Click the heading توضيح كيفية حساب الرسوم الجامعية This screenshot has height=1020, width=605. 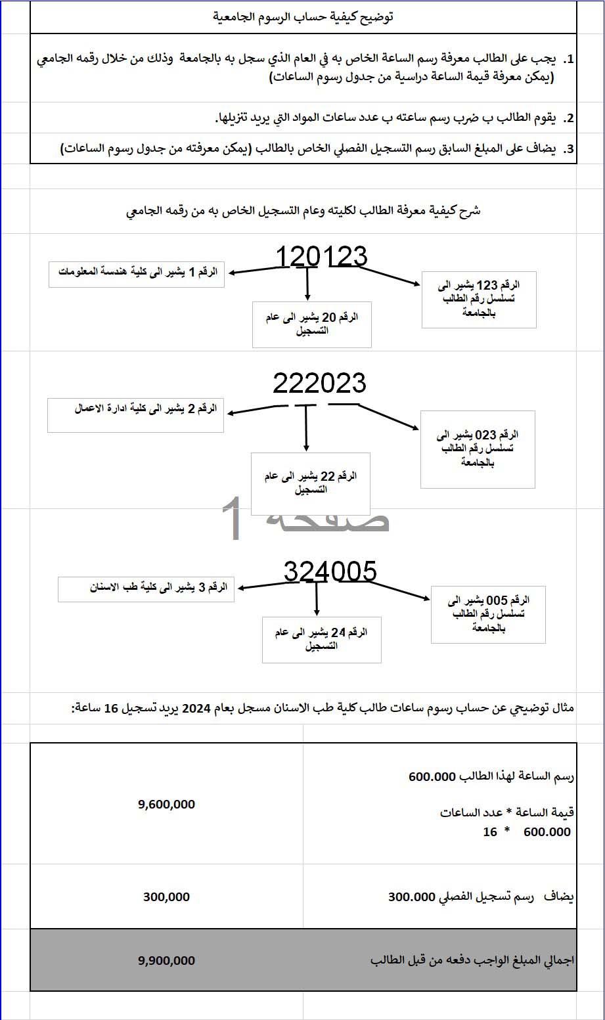tap(303, 17)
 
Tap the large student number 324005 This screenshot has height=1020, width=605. tap(330, 572)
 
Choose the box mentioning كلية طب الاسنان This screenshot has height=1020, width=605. tap(146, 588)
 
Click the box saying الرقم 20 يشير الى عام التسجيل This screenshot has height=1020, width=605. tap(312, 324)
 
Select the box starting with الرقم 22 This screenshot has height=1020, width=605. tap(311, 483)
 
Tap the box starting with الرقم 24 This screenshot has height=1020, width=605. tap(321, 639)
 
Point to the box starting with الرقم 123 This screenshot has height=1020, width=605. tap(479, 299)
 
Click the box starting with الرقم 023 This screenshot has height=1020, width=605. tap(478, 449)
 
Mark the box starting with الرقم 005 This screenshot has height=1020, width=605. tap(488, 615)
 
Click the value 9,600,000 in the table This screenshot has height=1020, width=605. tap(166, 804)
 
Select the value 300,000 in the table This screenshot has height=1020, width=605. tap(166, 897)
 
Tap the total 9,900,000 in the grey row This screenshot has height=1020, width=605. tap(166, 960)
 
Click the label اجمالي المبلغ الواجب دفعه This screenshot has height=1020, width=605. tap(472, 960)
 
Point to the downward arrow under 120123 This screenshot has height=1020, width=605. tap(307, 285)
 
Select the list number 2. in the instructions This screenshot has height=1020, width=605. tap(569, 118)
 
